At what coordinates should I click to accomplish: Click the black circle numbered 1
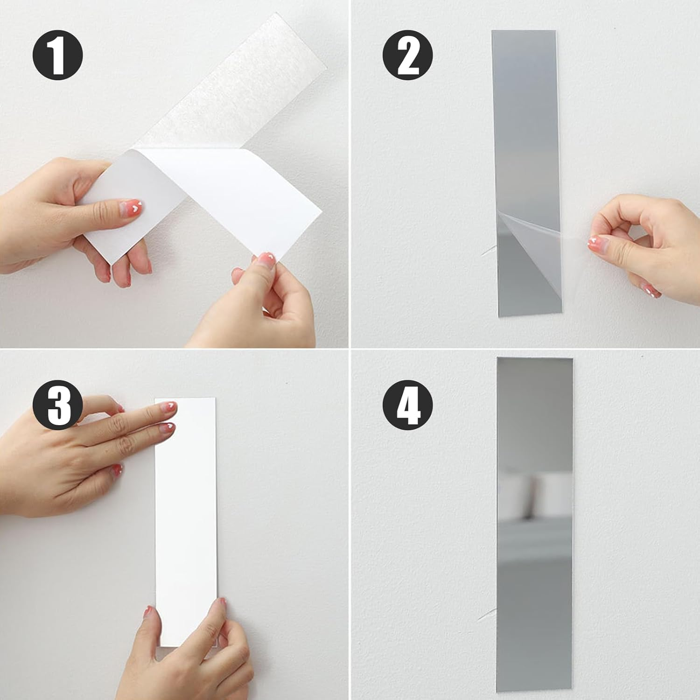(x=57, y=56)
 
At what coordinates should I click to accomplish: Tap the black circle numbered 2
(x=407, y=56)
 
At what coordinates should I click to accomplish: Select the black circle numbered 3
(x=57, y=405)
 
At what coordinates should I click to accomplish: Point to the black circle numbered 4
(x=407, y=405)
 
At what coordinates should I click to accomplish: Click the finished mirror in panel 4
(x=534, y=525)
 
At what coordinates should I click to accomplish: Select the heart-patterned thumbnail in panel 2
(x=595, y=243)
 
